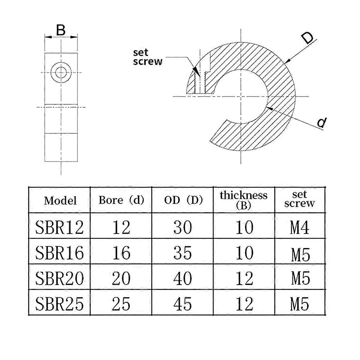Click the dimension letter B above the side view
[61, 30]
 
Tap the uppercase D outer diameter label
[307, 39]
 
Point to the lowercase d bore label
[321, 122]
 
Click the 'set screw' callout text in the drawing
[147, 57]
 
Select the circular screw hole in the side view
[61, 73]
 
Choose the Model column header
[60, 200]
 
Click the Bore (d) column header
[121, 200]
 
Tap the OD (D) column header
[183, 200]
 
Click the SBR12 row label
[59, 227]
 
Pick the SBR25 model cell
[59, 304]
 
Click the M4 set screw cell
[300, 227]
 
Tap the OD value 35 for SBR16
[182, 253]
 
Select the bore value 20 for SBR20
[121, 278]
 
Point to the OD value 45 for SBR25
[182, 304]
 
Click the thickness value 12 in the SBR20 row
[244, 278]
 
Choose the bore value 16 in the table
[121, 253]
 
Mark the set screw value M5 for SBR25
[300, 304]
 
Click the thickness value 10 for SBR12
[244, 227]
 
